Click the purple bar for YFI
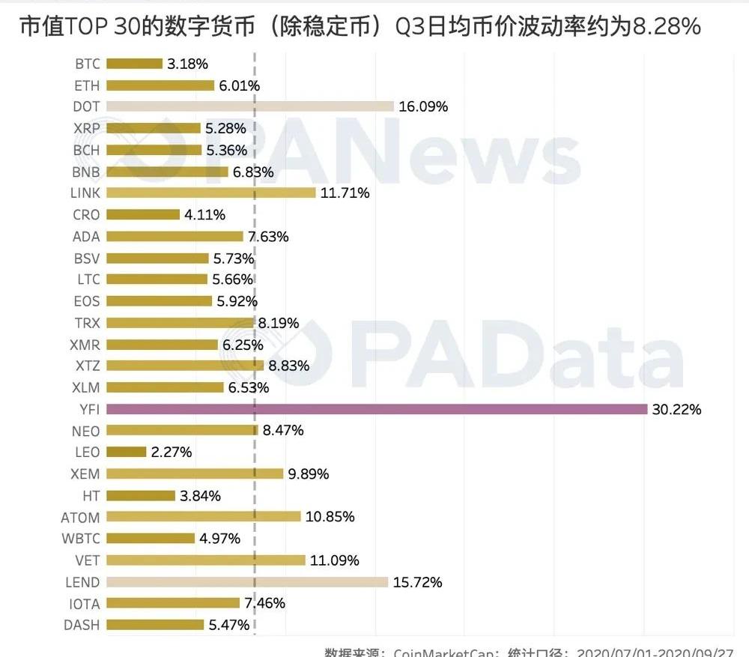tap(377, 409)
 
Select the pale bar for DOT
tap(250, 106)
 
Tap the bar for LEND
tap(247, 582)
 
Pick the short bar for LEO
tap(126, 452)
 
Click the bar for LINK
tap(211, 193)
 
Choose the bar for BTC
tap(134, 64)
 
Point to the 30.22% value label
tap(677, 410)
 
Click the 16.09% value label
tap(423, 107)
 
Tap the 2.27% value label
tap(172, 452)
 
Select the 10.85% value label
tap(330, 517)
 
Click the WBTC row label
tap(81, 539)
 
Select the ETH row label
tap(87, 85)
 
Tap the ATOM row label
tap(80, 517)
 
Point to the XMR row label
tap(85, 345)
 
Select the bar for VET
tap(206, 560)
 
